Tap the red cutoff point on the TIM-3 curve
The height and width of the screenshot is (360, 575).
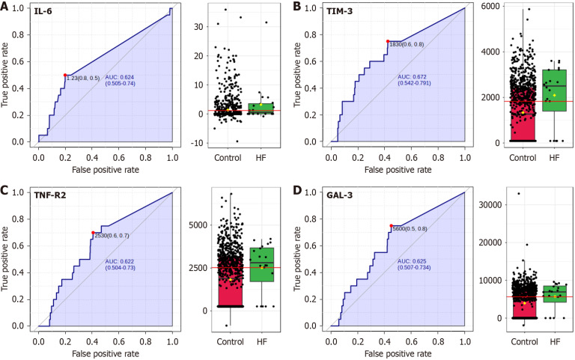(387, 41)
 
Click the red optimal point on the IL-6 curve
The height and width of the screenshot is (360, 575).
(65, 75)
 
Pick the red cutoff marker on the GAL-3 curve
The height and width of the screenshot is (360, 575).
(391, 226)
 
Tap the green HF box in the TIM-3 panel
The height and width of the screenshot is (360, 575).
(554, 90)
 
